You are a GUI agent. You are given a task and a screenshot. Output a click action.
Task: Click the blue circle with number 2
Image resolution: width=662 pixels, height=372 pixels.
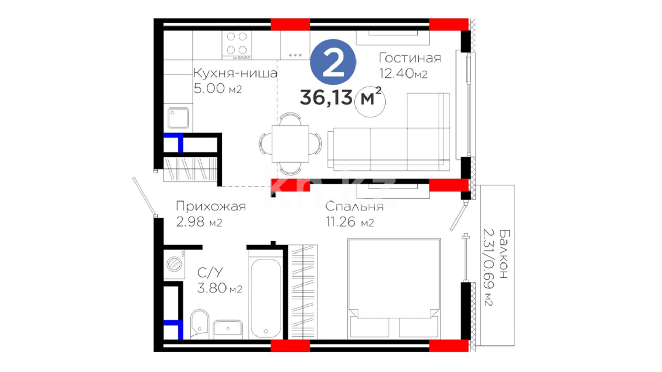click(333, 62)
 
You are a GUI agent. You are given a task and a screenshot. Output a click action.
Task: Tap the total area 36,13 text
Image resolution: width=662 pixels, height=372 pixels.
click(326, 97)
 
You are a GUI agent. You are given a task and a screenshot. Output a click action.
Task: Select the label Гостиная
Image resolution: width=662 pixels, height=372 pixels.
click(410, 58)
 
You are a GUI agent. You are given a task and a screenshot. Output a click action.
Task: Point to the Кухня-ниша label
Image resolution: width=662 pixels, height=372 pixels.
click(235, 73)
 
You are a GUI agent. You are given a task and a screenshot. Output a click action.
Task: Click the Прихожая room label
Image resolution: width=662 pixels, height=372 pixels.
click(211, 206)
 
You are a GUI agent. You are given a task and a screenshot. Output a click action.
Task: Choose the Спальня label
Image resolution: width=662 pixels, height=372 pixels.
click(354, 206)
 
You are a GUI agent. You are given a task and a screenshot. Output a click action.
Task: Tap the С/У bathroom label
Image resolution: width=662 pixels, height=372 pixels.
click(210, 273)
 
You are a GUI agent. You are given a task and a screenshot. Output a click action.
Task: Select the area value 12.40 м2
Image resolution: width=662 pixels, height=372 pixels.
click(403, 73)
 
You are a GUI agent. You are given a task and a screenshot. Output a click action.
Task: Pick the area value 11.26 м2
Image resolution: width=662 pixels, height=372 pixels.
click(350, 222)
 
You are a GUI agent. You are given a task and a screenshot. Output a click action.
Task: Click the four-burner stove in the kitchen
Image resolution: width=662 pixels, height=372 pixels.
click(237, 45)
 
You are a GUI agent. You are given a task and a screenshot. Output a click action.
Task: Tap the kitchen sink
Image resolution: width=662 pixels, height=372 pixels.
click(178, 118)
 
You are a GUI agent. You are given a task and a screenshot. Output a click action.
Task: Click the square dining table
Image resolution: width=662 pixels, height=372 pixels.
click(290, 144)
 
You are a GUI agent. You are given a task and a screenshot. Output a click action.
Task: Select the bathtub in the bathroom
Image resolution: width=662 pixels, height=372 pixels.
click(266, 298)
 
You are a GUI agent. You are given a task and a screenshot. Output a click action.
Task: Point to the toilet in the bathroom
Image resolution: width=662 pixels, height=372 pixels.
click(200, 324)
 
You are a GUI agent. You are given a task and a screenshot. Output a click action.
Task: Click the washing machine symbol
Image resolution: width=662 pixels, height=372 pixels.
click(174, 264)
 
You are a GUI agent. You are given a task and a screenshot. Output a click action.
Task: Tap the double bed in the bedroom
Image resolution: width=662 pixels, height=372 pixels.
click(394, 288)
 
